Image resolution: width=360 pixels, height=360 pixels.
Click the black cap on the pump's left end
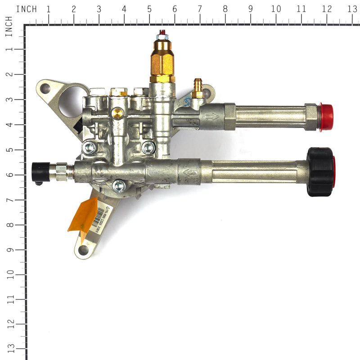click(x=41, y=171)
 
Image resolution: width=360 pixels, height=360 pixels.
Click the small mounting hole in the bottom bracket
click(x=83, y=249)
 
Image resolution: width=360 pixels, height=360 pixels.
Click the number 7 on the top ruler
click(x=199, y=9)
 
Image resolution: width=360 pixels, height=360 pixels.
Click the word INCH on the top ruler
click(x=27, y=9)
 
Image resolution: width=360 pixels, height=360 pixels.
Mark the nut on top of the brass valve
click(x=162, y=34)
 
